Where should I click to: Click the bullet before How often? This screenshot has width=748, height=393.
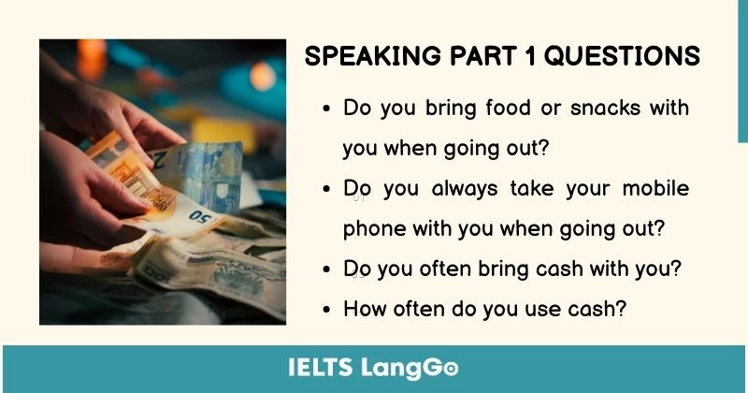coord(326,309)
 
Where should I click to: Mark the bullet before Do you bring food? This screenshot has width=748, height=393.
coord(326,109)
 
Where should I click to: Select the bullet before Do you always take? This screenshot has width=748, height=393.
coord(326,189)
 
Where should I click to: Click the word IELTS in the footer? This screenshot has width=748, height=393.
coord(321,367)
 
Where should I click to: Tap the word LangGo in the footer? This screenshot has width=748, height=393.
coord(410,367)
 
